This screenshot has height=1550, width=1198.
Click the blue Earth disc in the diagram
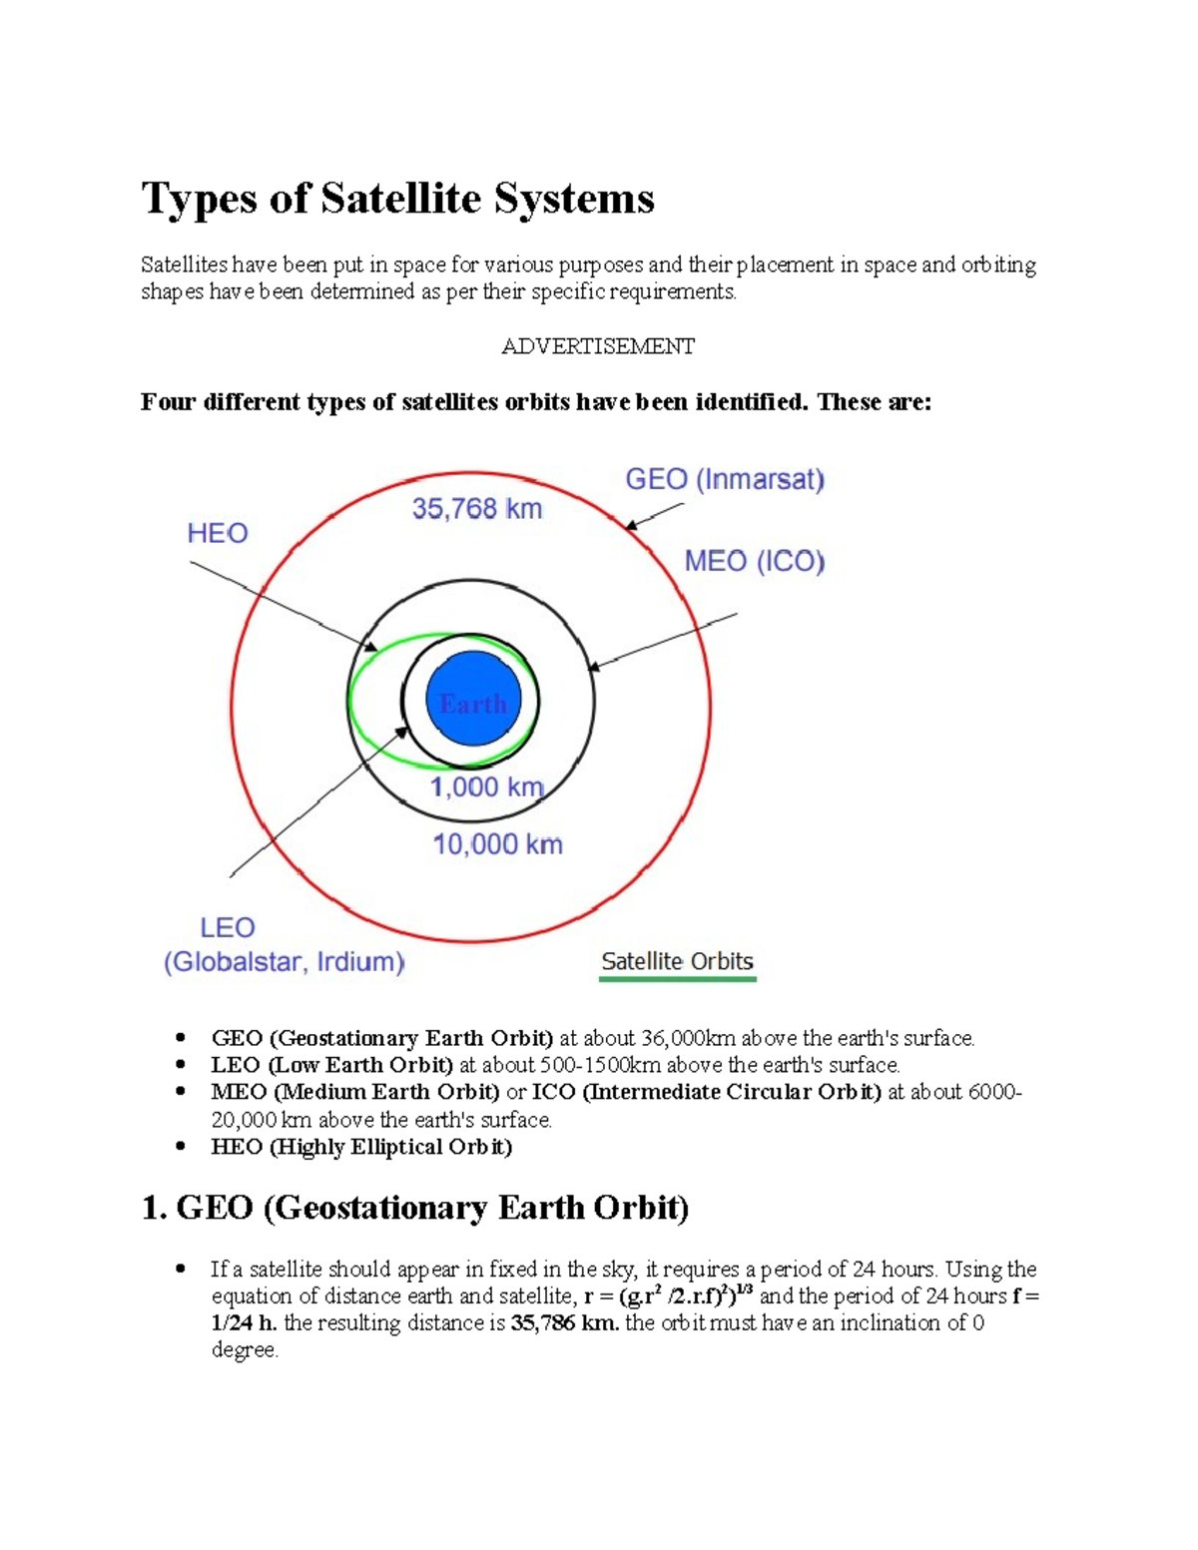click(x=472, y=700)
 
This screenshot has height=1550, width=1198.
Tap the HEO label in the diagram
click(x=217, y=533)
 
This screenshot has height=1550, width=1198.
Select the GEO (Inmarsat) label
click(x=725, y=480)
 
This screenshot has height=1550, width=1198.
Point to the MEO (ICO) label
click(x=754, y=562)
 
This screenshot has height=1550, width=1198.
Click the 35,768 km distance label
click(x=477, y=510)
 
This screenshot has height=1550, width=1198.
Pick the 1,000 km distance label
click(x=486, y=787)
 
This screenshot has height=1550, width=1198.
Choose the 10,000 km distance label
click(x=497, y=845)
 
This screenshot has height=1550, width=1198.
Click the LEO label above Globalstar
click(x=228, y=928)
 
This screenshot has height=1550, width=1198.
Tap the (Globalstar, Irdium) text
click(x=285, y=962)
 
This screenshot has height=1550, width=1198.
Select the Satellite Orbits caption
click(x=677, y=961)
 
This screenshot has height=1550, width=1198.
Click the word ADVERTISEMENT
click(x=598, y=346)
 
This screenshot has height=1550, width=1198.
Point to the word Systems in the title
click(x=574, y=198)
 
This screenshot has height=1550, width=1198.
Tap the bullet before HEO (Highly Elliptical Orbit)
click(x=181, y=1146)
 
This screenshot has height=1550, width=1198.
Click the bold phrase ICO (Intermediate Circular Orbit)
click(x=706, y=1092)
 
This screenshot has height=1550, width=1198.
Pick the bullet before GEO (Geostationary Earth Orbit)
click(x=181, y=1038)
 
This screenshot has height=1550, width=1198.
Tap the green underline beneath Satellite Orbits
click(x=677, y=979)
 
